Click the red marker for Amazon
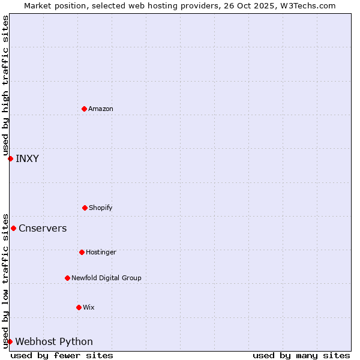click(x=84, y=109)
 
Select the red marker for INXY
click(x=10, y=158)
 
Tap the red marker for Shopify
click(x=85, y=208)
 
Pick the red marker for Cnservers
click(x=13, y=228)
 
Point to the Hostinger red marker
click(x=82, y=252)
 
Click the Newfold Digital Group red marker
click(x=67, y=278)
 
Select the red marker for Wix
click(x=79, y=307)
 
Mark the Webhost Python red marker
click(x=10, y=341)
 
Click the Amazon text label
click(x=101, y=109)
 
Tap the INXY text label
click(x=27, y=158)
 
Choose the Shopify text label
click(x=101, y=208)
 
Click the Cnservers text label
click(x=43, y=228)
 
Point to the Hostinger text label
click(x=101, y=252)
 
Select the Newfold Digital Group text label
click(x=106, y=278)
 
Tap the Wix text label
click(x=89, y=307)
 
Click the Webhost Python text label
click(x=54, y=341)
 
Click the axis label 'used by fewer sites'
click(x=62, y=355)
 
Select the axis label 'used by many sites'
click(x=301, y=355)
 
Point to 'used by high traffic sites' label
click(x=5, y=85)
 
